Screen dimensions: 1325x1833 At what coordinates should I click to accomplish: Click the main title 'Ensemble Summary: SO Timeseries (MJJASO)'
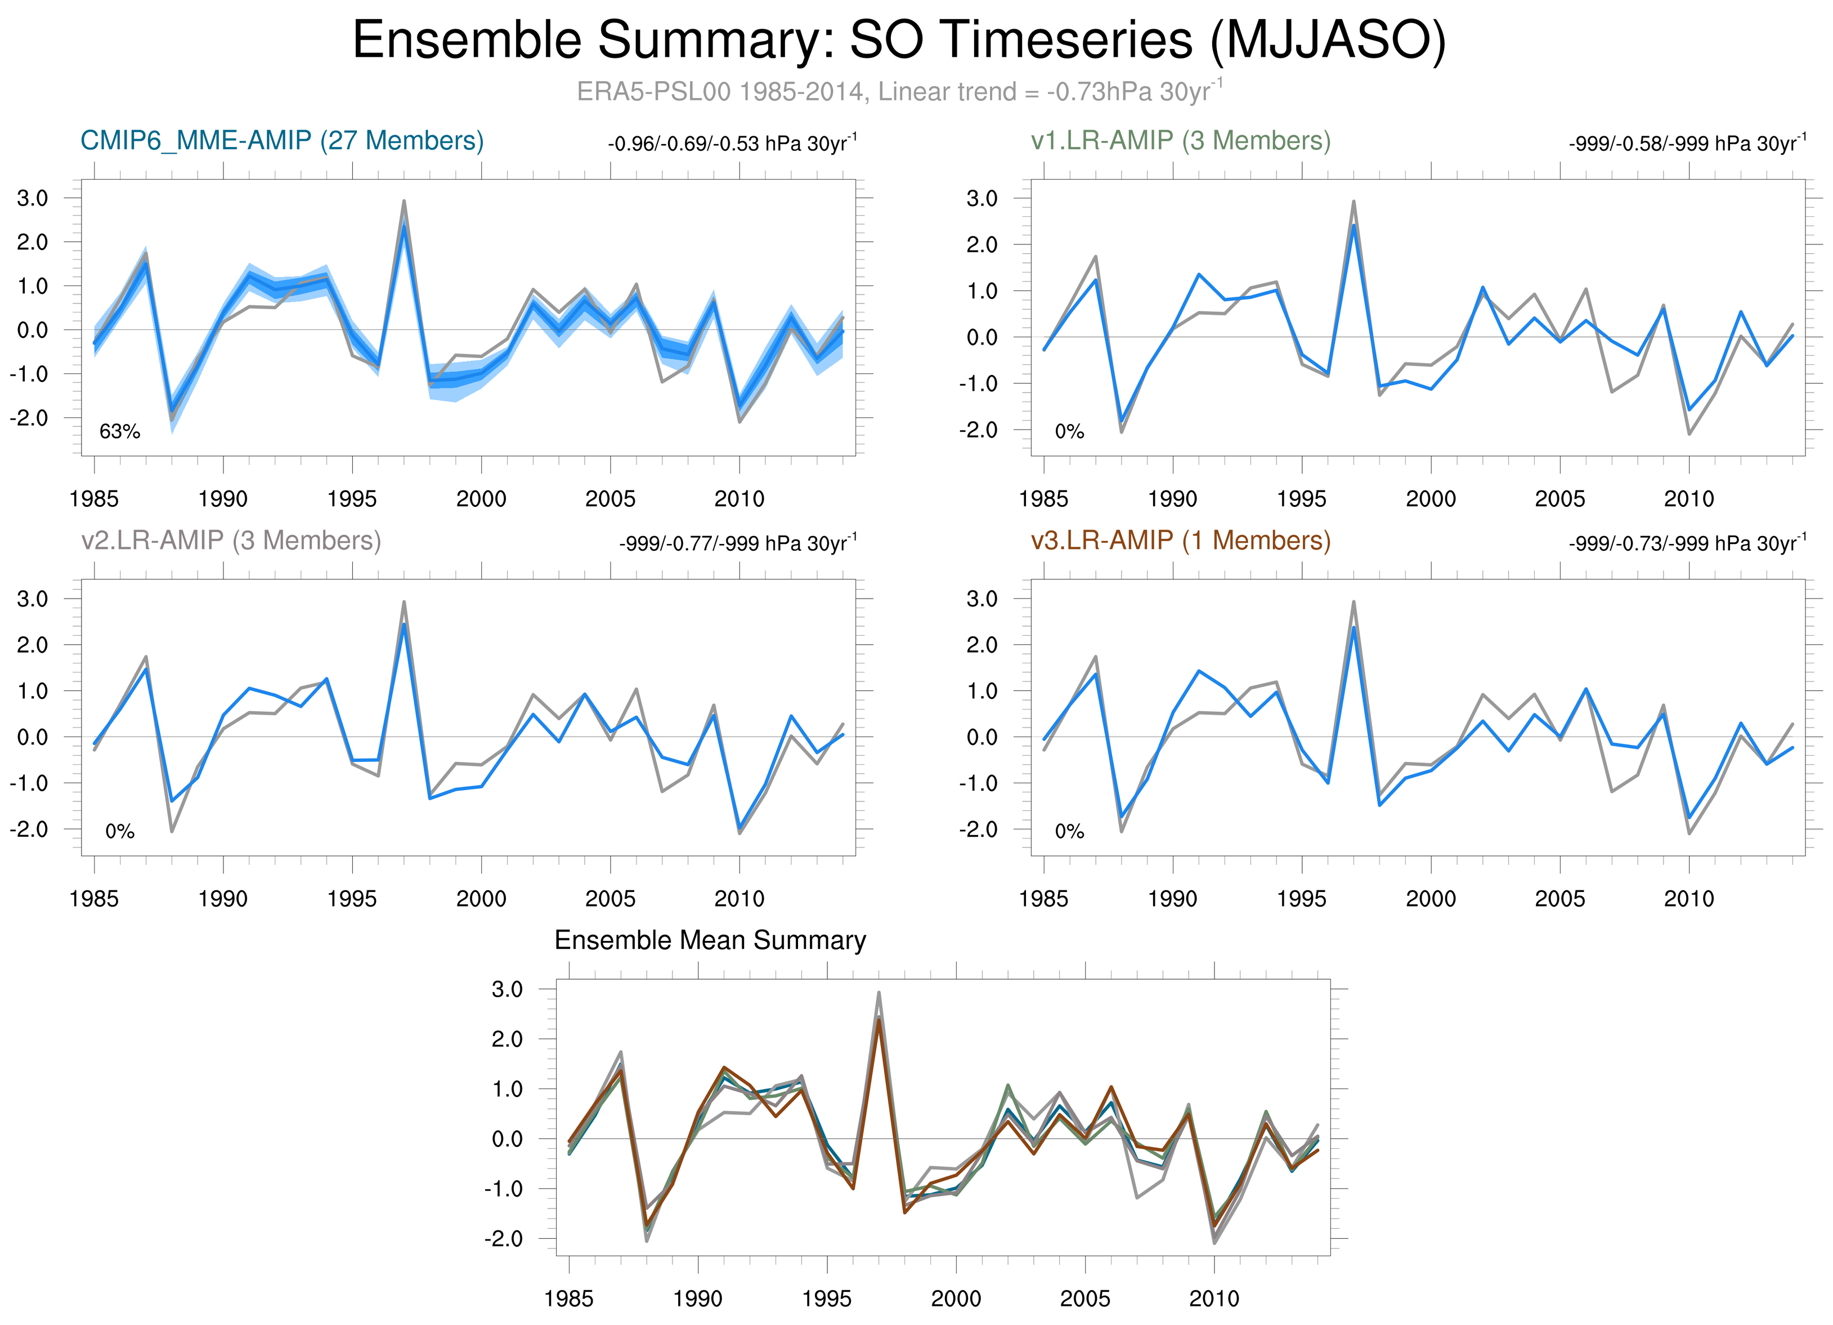pyautogui.click(x=899, y=41)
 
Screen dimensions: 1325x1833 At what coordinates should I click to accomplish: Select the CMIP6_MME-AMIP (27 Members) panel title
pyautogui.click(x=282, y=141)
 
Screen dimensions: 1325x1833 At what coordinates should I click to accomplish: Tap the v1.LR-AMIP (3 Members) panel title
pyautogui.click(x=1181, y=141)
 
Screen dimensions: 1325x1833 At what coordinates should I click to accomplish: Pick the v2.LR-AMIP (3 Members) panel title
pyautogui.click(x=231, y=540)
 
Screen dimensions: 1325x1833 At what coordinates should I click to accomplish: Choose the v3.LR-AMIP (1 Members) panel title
pyautogui.click(x=1181, y=540)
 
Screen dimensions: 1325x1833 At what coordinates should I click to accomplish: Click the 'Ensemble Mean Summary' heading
pyautogui.click(x=710, y=940)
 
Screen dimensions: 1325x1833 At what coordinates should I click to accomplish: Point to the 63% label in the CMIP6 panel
pyautogui.click(x=120, y=432)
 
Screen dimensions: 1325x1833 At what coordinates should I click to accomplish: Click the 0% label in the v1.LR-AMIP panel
pyautogui.click(x=1069, y=432)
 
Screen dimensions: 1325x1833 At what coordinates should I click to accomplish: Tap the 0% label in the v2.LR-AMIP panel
pyautogui.click(x=120, y=831)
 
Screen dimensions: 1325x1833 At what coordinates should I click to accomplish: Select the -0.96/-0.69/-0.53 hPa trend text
pyautogui.click(x=732, y=144)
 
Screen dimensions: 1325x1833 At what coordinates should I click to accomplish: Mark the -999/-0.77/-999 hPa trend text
pyautogui.click(x=738, y=543)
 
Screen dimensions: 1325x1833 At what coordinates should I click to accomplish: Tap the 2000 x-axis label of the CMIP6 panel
pyautogui.click(x=481, y=499)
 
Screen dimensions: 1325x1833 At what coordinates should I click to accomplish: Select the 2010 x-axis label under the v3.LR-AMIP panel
pyautogui.click(x=1688, y=898)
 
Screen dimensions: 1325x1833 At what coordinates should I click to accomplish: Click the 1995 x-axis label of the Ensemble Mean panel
pyautogui.click(x=826, y=1299)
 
